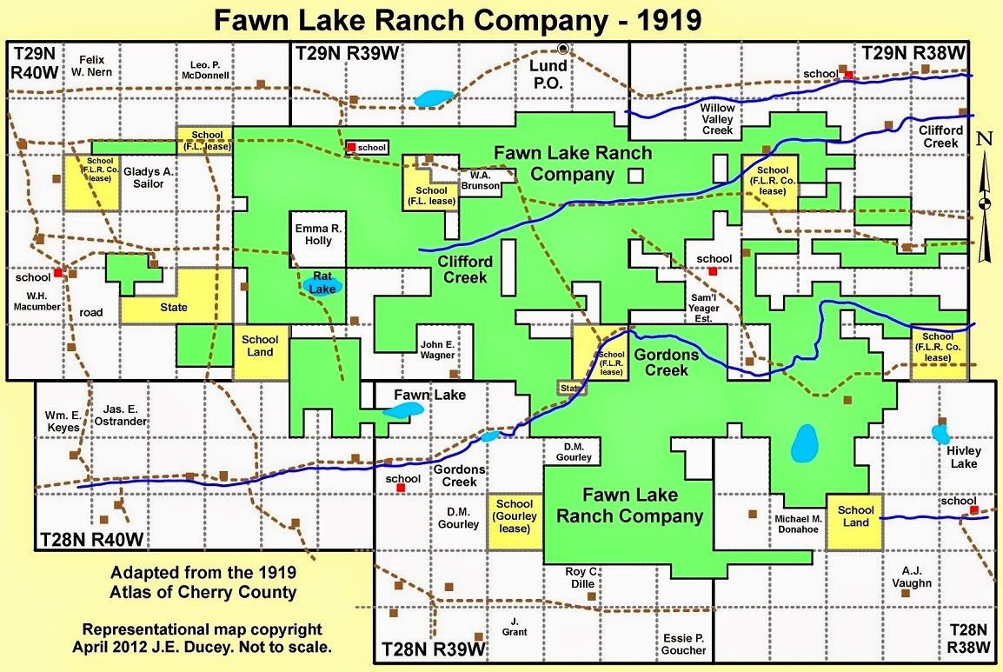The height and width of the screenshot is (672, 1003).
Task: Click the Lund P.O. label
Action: [x=550, y=75]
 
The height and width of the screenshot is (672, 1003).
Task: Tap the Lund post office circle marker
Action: [x=563, y=49]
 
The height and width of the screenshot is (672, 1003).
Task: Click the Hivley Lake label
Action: [x=963, y=457]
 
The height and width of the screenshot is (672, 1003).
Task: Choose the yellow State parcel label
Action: [x=174, y=308]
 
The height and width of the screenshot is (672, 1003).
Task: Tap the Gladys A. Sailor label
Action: [x=148, y=178]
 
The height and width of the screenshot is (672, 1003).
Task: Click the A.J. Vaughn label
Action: [x=912, y=578]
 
